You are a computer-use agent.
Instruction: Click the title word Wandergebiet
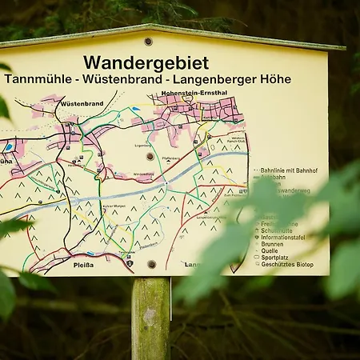[x=146, y=62]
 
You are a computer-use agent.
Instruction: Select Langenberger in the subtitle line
[x=222, y=79]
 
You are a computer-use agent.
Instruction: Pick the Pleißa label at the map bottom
[x=84, y=263]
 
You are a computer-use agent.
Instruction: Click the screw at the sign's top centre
[x=148, y=42]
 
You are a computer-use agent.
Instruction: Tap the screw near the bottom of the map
[x=152, y=263]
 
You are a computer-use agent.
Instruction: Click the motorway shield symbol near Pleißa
[x=130, y=262]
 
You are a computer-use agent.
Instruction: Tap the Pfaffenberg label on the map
[x=170, y=158]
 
